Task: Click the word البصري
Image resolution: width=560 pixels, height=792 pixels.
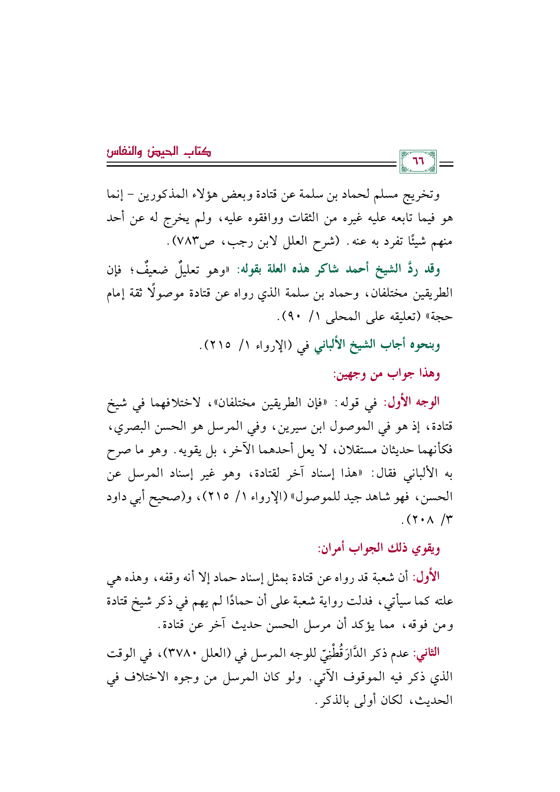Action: [128, 426]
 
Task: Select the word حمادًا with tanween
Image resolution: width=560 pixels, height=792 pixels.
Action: [238, 601]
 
